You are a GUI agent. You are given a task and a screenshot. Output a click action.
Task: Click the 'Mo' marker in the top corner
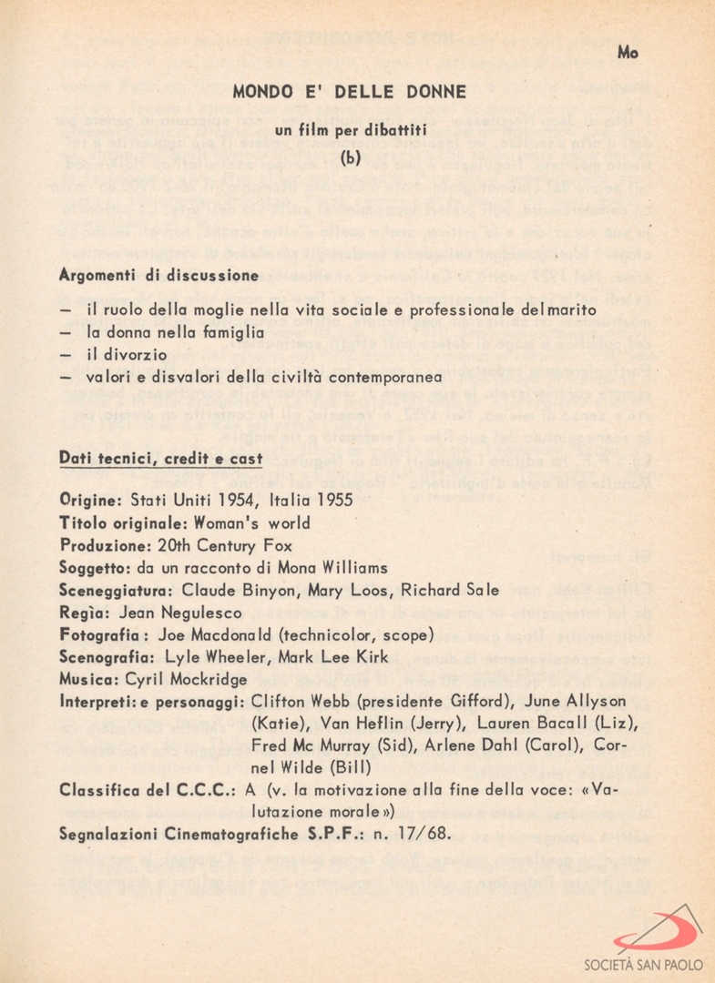pyautogui.click(x=628, y=53)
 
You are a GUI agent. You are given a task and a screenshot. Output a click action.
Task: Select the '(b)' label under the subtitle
pyautogui.click(x=350, y=157)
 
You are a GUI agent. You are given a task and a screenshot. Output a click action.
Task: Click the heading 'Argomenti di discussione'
pyautogui.click(x=158, y=275)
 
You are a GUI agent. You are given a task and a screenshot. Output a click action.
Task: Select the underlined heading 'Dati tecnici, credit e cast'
pyautogui.click(x=160, y=458)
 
